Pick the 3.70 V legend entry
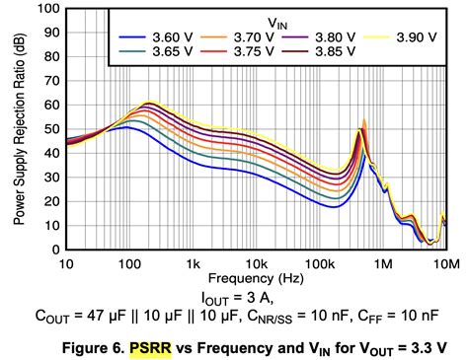pyautogui.click(x=232, y=34)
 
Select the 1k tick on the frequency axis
pyautogui.click(x=194, y=264)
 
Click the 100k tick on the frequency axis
pyautogui.click(x=320, y=264)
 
